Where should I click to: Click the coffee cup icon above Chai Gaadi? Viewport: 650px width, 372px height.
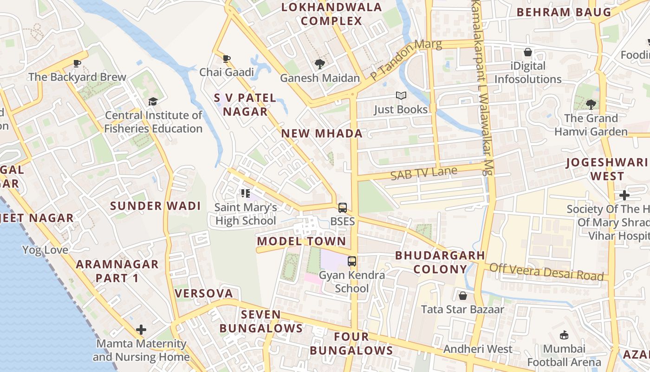click(227, 59)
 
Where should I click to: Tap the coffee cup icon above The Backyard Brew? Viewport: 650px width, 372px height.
click(77, 63)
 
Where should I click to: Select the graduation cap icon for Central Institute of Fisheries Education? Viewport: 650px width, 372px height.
click(153, 101)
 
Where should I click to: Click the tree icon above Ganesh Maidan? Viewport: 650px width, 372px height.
click(319, 64)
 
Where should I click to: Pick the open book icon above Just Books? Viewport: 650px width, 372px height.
click(401, 96)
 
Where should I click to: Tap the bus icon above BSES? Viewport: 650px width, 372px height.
click(343, 208)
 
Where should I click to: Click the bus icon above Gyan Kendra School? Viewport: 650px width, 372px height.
click(352, 261)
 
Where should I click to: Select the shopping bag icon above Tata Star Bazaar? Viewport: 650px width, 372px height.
click(462, 296)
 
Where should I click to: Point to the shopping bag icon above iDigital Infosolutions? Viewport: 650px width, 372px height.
click(528, 53)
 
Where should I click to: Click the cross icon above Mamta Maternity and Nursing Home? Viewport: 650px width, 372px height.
click(141, 330)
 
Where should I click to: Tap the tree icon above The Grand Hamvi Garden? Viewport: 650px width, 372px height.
click(591, 105)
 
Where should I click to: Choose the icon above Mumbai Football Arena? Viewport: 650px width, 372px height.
click(564, 335)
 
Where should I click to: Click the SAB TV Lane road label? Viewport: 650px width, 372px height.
click(423, 173)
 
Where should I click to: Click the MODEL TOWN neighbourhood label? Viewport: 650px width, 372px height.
click(301, 241)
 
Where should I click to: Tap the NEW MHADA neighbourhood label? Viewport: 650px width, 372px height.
click(322, 134)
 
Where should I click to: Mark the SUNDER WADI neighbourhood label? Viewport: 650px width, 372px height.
click(155, 206)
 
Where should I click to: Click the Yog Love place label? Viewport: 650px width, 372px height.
click(45, 250)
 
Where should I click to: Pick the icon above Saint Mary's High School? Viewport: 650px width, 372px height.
click(246, 193)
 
